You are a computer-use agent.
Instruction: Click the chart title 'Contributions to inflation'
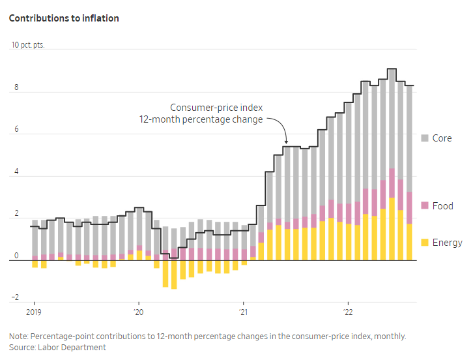[x=63, y=18]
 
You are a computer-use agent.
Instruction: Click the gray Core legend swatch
[x=425, y=138]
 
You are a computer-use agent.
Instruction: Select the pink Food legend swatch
[x=425, y=206]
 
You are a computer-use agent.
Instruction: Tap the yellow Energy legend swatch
[x=425, y=243]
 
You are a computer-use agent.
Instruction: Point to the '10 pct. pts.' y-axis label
[x=32, y=46]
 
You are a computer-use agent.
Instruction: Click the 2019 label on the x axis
[x=34, y=311]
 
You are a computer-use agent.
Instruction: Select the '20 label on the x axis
[x=138, y=311]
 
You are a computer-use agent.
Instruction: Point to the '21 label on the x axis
[x=243, y=311]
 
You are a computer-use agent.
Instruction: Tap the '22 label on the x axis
[x=348, y=311]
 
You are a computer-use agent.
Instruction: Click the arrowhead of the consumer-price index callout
[x=286, y=142]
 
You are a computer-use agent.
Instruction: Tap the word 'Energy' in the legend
[x=447, y=243]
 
